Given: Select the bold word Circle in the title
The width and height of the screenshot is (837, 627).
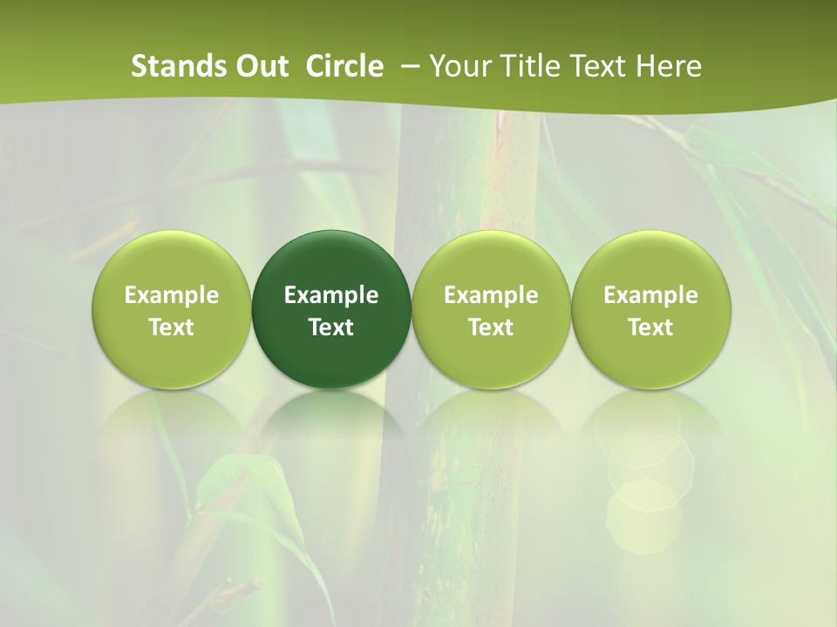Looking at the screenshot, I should (x=344, y=66).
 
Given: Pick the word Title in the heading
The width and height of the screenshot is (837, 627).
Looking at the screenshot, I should (x=521, y=66).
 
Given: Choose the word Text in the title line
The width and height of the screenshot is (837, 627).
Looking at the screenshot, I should (x=589, y=66).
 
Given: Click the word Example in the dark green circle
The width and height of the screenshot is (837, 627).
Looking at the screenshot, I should (x=331, y=295).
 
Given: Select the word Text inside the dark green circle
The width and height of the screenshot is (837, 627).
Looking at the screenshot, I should (x=331, y=327).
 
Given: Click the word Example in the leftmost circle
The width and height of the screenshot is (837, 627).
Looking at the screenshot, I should (x=172, y=295).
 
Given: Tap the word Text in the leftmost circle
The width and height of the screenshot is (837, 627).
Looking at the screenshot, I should (x=172, y=327).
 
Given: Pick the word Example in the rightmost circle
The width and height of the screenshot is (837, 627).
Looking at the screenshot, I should (x=651, y=295).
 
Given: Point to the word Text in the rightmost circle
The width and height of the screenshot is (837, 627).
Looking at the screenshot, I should (x=651, y=327).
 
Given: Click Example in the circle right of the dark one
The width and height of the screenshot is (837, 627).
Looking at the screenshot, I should (x=491, y=295).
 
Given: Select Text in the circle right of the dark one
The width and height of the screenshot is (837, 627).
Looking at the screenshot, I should (x=491, y=327).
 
